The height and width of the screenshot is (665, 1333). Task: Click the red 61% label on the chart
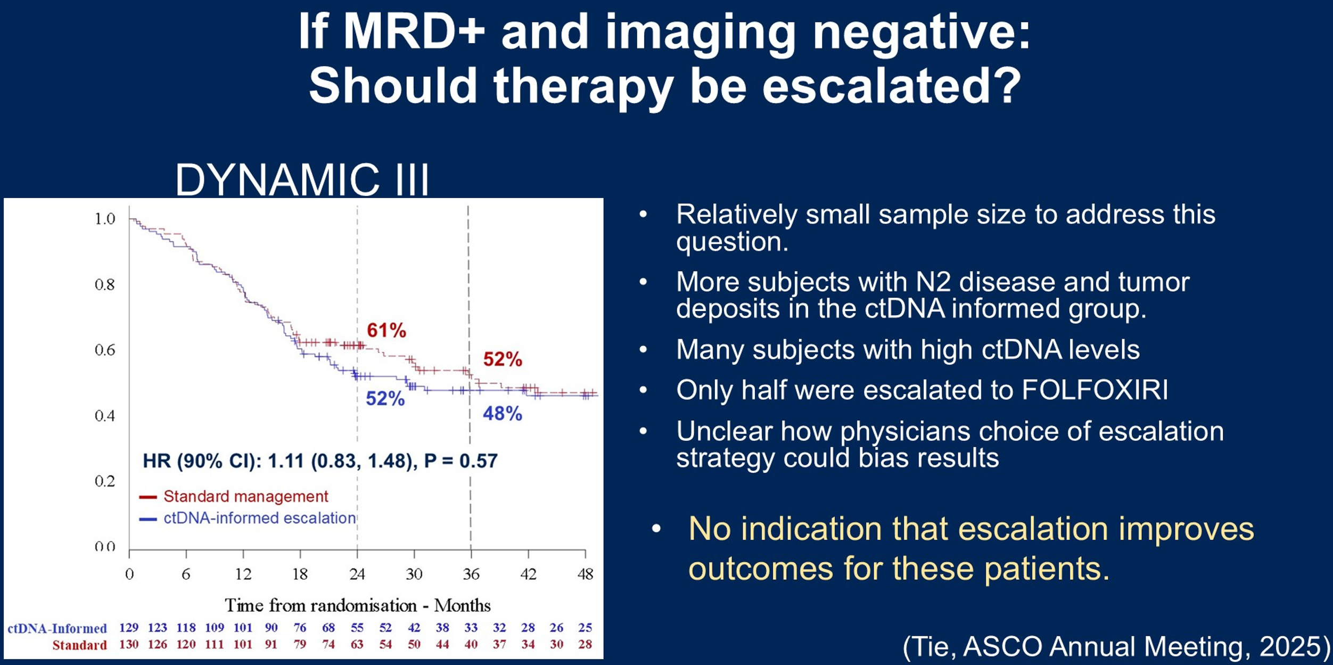[386, 331]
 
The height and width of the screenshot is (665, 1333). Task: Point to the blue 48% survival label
[503, 414]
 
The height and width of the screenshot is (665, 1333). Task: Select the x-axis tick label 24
[357, 574]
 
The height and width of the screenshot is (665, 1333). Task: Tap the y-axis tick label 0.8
[105, 285]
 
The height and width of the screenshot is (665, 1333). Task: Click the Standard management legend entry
[245, 496]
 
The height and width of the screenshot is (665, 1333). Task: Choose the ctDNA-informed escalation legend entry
[259, 518]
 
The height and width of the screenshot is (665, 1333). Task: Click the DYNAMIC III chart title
[302, 179]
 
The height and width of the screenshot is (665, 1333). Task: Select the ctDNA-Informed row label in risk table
[57, 628]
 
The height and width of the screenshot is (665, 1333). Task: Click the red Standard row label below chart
[79, 645]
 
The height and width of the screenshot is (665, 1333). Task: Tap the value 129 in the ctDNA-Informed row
[129, 628]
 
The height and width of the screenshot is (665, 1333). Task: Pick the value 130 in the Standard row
[129, 644]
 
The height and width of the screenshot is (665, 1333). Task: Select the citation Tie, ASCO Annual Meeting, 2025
[1116, 646]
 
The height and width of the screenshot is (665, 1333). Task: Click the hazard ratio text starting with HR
[320, 461]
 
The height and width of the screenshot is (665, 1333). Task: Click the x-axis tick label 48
[585, 574]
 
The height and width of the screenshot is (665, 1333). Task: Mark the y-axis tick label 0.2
[105, 481]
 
